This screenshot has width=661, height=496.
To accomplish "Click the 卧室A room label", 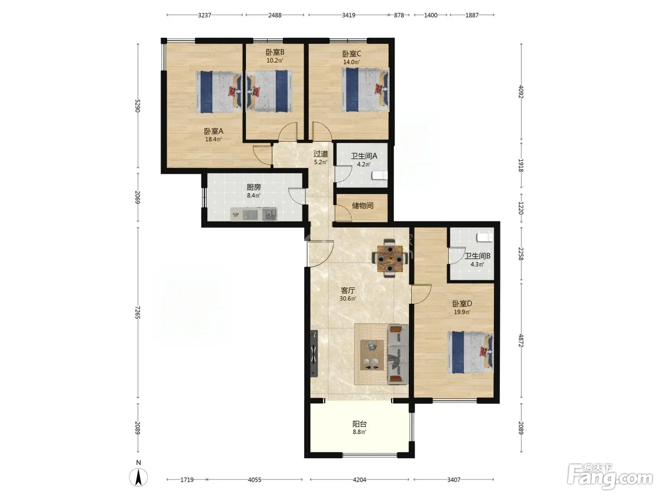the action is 213,131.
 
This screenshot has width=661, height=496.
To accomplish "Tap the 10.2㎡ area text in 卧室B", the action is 275,60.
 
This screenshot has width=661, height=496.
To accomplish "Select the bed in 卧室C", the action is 365,90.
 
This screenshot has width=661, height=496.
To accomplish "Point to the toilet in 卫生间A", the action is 380,175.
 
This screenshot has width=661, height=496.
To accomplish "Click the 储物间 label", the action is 363,205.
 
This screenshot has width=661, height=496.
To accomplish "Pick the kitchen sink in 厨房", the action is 270,214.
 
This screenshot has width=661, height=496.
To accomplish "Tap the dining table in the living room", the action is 390,258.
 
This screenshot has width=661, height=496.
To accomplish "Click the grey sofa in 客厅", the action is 398,354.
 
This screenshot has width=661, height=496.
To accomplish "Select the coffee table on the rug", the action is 372,355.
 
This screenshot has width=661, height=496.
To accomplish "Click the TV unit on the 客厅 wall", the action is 314,353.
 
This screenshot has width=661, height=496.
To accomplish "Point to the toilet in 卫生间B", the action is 485,237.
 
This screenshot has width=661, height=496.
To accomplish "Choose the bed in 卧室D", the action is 470,352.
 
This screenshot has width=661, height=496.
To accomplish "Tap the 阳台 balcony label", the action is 360,424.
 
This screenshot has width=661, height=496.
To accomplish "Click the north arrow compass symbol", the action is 138,477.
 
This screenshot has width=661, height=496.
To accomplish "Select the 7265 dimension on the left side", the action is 137,312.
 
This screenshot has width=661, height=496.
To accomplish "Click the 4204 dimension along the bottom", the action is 360,479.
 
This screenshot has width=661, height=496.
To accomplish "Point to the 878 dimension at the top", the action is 399,15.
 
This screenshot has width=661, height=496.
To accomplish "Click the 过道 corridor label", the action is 321,154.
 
